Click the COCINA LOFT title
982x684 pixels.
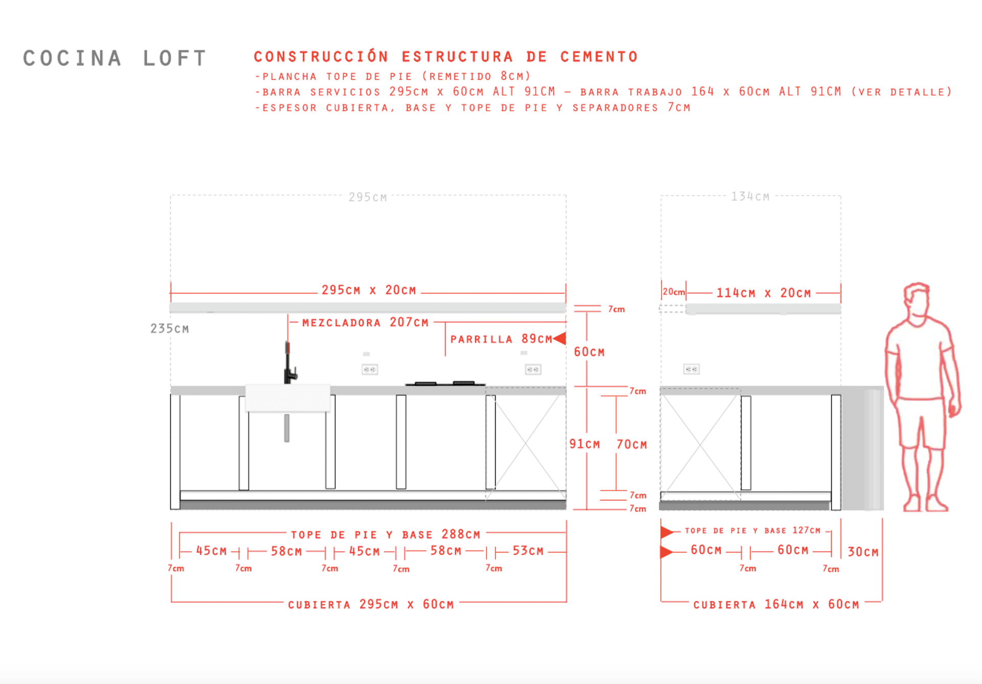[x=115, y=58]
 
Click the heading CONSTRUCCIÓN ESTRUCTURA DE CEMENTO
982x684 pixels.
[x=445, y=57]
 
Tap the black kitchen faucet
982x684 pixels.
[x=289, y=364]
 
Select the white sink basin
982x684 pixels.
[x=287, y=398]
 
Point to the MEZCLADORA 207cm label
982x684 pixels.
[x=365, y=323]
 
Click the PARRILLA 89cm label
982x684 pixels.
[x=501, y=339]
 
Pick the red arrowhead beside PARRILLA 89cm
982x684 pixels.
[x=560, y=338]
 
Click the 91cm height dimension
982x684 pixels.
[x=585, y=444]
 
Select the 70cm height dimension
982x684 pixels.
[x=632, y=444]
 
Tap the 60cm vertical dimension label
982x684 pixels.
[x=589, y=352]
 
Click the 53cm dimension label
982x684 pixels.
[x=528, y=551]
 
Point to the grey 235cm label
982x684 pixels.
[x=169, y=329]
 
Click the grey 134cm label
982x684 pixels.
[x=750, y=197]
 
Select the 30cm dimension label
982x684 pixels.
[x=863, y=552]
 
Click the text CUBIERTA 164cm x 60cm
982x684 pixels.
[x=776, y=604]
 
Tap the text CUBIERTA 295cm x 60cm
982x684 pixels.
[x=370, y=604]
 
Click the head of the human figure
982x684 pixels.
[x=917, y=299]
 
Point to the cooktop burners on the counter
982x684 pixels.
[x=445, y=383]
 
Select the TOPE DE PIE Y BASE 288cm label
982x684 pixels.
[x=386, y=535]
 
